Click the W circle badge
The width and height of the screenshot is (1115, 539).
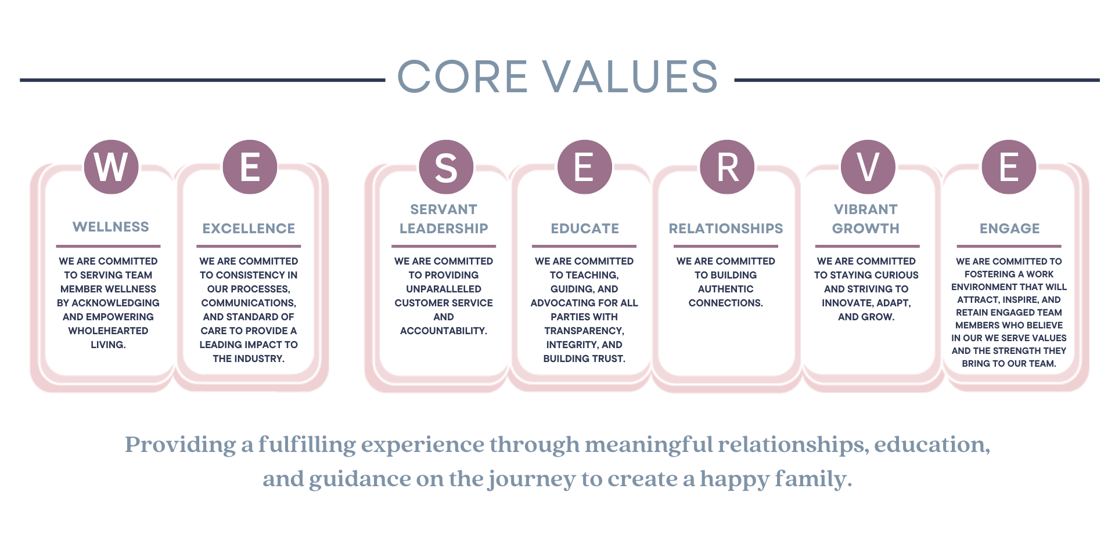[x=111, y=167]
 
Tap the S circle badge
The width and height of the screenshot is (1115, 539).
[x=446, y=167]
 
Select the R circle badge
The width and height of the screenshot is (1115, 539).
[x=727, y=167]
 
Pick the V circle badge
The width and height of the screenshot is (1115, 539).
[x=868, y=167]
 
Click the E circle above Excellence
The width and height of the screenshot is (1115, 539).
[x=250, y=167]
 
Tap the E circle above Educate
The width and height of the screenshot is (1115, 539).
[x=584, y=167]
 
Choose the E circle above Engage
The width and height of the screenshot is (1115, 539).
[x=1009, y=167]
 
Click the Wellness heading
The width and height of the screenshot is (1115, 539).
[x=111, y=227]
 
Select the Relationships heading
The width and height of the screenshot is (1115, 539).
[x=726, y=229]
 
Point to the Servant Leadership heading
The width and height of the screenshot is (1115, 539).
[x=444, y=219]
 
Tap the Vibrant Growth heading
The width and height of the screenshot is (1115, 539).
[x=866, y=219]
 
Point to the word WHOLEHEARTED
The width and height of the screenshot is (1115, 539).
[x=108, y=331]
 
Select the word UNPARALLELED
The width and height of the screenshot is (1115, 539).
[x=444, y=289]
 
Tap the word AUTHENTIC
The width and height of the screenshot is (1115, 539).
[x=726, y=289]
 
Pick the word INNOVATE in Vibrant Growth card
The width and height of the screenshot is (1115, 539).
[x=847, y=303]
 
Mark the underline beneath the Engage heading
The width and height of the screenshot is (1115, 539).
[x=1009, y=246]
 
